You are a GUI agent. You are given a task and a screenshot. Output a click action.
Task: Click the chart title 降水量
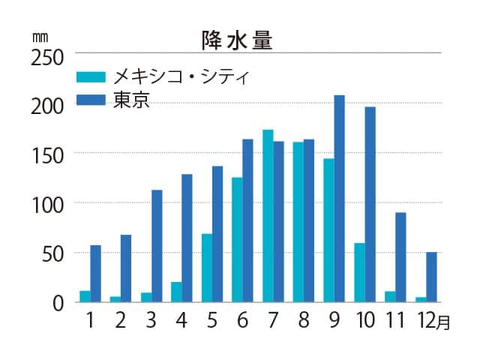coord(236,40)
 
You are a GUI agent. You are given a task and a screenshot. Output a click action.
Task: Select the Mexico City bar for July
coord(268,216)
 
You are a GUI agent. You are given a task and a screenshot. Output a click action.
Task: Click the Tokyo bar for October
coord(370,204)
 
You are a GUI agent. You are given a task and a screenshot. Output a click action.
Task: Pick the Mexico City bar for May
coord(207,268)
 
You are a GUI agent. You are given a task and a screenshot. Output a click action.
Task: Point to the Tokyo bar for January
coord(95,273)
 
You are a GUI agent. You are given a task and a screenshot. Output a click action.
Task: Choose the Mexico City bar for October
coord(359,272)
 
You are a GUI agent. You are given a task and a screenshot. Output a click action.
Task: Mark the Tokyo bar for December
coord(431,277)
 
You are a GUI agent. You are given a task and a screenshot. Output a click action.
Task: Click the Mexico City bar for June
coord(237,239)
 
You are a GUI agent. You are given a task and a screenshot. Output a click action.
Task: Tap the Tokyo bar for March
coord(157,246)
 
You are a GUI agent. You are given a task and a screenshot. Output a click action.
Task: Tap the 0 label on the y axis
coord(57,302)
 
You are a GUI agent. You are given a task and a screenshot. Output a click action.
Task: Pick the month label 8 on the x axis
coord(304,321)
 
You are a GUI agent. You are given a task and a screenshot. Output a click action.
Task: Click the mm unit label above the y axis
coord(39,35)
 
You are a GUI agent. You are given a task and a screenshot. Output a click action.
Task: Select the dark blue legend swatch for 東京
coord(92,100)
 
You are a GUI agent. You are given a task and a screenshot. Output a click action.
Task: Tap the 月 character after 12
coord(444,323)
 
